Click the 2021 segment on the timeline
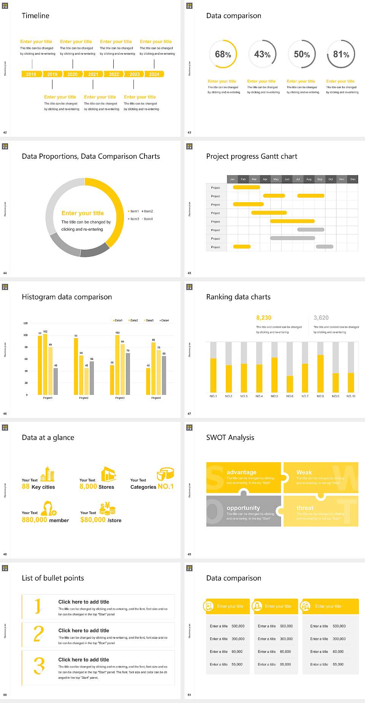tap(93, 74)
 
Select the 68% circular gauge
tap(223, 54)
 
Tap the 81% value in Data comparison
tap(341, 54)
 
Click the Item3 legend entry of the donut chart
tap(134, 219)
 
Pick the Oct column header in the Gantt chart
tap(331, 179)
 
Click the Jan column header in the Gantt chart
tap(232, 179)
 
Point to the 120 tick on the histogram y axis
tap(25, 323)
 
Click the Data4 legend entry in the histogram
tap(164, 320)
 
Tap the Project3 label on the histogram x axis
tap(120, 398)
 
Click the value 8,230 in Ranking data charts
tap(263, 318)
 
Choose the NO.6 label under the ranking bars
tap(290, 396)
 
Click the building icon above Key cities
tap(48, 474)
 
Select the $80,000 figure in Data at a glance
tap(93, 520)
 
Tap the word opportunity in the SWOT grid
tap(243, 508)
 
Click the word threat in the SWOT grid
tap(305, 508)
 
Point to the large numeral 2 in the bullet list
tap(38, 634)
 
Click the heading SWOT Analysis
tap(230, 437)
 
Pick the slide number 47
tap(189, 413)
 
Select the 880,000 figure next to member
tap(34, 520)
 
